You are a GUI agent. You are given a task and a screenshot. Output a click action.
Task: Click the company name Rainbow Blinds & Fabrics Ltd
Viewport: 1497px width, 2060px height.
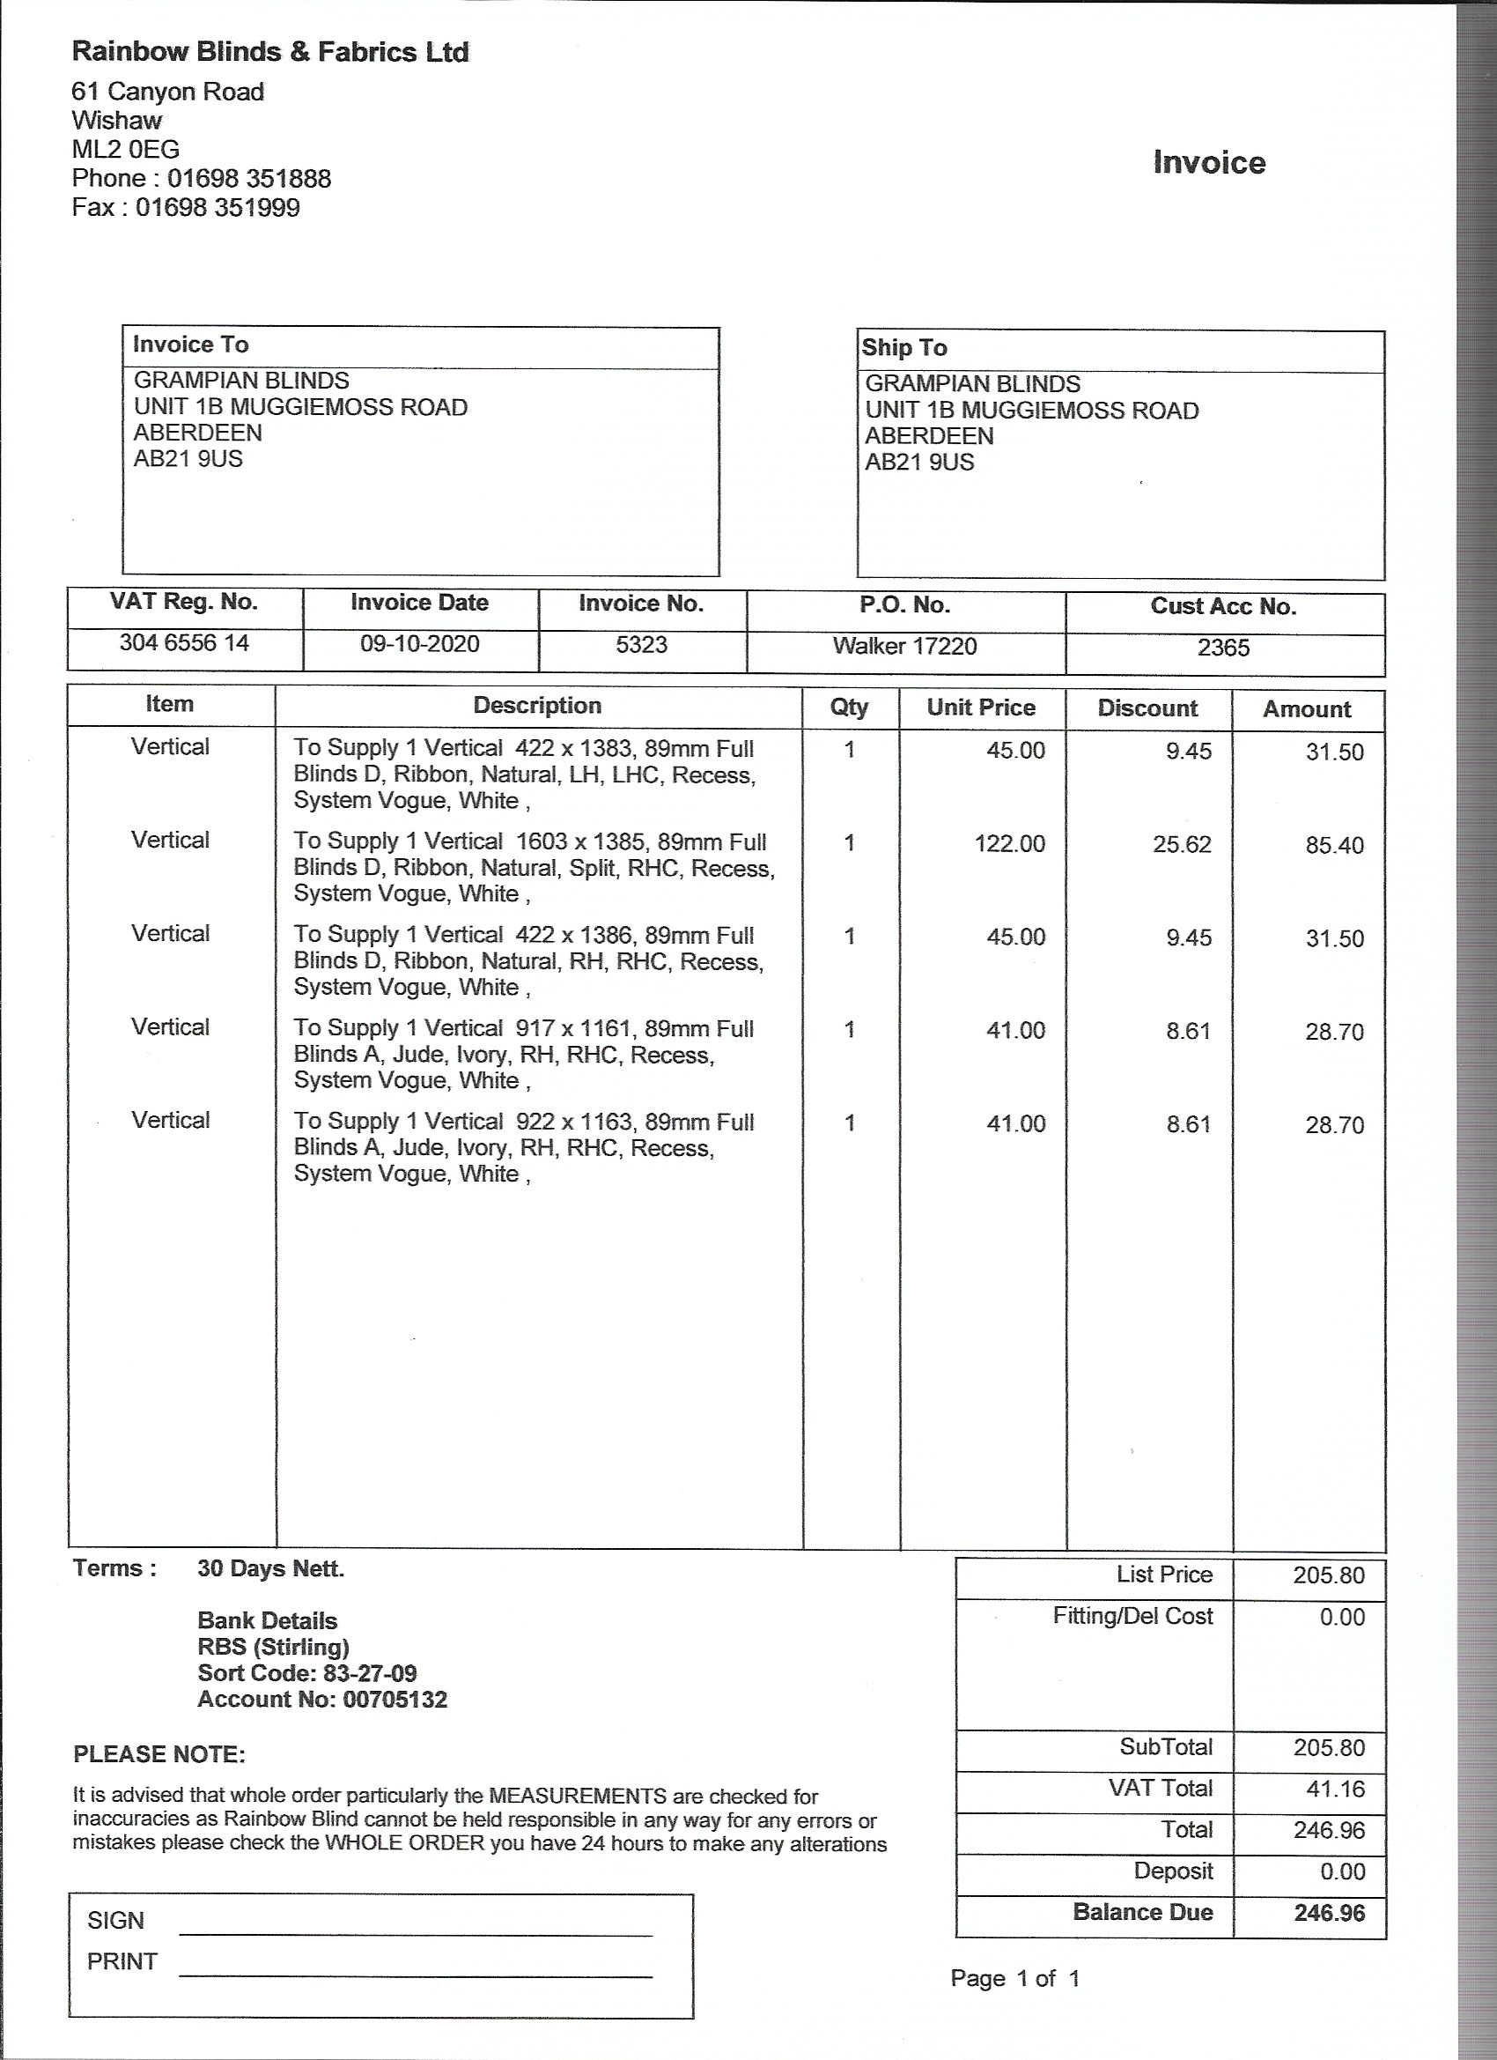click(269, 53)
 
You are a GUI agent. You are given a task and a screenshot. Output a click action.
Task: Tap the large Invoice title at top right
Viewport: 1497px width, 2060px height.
click(1208, 163)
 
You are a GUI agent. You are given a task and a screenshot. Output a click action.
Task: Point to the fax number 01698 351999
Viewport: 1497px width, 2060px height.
click(217, 207)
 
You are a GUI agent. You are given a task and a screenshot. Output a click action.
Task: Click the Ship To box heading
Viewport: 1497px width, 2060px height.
click(904, 348)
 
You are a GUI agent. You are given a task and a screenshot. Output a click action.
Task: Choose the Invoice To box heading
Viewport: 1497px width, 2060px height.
click(190, 345)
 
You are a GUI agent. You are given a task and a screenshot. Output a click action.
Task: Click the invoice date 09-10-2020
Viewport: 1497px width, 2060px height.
click(419, 644)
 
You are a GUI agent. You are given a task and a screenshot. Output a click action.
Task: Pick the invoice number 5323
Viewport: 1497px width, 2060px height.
click(641, 645)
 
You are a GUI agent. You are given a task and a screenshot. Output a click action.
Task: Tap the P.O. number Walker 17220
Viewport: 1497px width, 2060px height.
click(904, 646)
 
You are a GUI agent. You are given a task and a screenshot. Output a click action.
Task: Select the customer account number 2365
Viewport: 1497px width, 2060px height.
click(1223, 648)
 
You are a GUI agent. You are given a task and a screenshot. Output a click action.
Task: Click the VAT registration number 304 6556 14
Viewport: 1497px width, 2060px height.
click(184, 643)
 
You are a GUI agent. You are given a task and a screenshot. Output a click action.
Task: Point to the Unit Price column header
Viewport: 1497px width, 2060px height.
click(980, 708)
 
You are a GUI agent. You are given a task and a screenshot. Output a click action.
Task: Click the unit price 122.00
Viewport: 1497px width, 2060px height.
click(1009, 844)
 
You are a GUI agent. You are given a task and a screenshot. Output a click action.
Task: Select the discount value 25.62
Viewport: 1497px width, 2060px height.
click(1182, 845)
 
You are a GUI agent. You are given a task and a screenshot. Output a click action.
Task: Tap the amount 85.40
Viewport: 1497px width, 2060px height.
click(1334, 846)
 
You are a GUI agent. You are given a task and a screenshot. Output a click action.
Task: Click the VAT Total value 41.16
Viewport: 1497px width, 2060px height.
click(1329, 1790)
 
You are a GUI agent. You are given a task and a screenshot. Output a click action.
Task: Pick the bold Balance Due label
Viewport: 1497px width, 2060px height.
click(1142, 1912)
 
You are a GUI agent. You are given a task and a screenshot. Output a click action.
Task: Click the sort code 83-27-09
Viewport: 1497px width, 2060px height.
click(370, 1673)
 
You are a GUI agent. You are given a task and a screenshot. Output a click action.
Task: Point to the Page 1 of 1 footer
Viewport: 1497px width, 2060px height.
click(1015, 1978)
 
